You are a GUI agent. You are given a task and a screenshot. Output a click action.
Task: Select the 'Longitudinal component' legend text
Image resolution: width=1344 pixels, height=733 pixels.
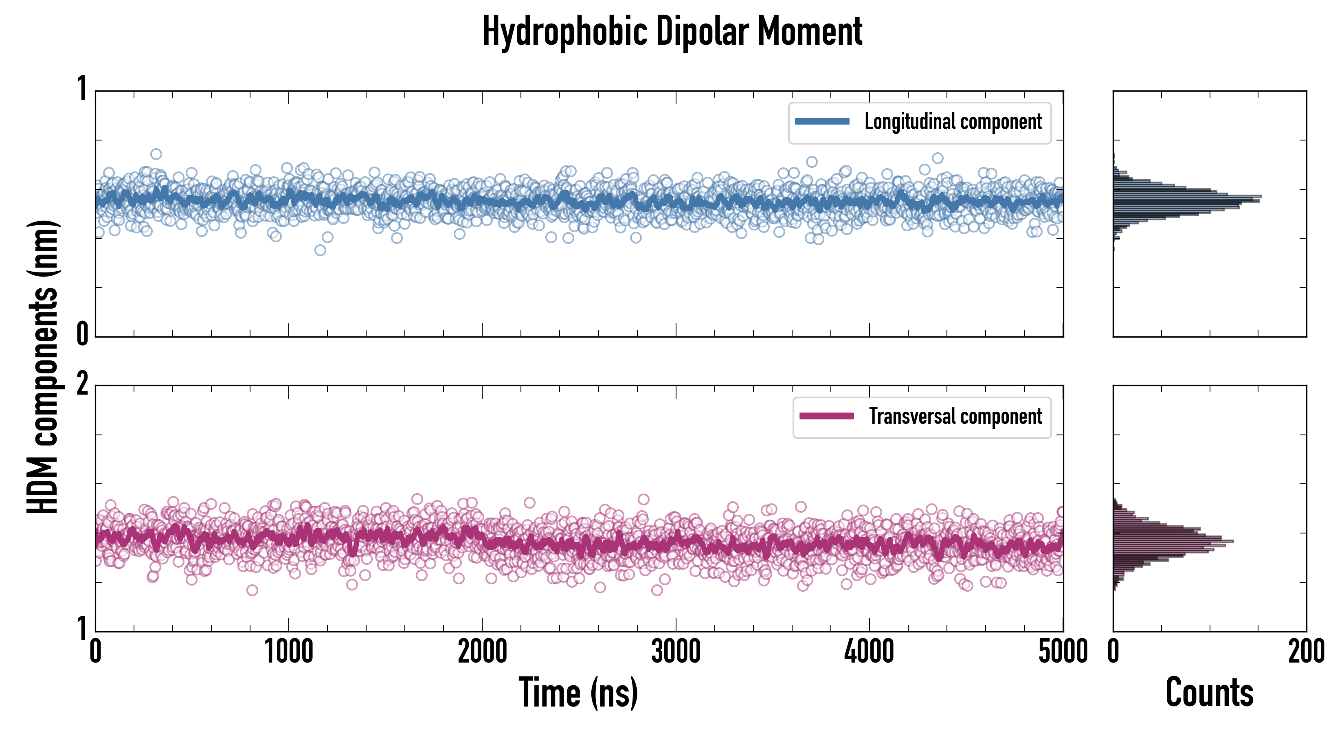tap(953, 122)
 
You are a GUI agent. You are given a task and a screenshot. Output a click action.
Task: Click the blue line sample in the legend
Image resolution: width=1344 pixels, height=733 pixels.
tap(822, 122)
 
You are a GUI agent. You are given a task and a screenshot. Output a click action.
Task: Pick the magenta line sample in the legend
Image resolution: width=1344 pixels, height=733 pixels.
tap(826, 416)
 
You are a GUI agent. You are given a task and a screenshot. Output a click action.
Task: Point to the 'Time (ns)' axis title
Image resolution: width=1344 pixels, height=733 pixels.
tap(578, 693)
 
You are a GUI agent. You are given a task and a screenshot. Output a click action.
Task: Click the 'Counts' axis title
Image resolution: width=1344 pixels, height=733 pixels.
tap(1209, 693)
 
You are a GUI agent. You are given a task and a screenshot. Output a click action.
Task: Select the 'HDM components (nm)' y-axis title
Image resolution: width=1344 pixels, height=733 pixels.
tap(43, 367)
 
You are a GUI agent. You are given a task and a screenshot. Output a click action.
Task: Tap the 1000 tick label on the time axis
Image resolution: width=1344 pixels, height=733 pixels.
tap(288, 652)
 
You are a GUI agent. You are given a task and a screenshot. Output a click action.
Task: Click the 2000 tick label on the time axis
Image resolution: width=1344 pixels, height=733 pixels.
tap(482, 652)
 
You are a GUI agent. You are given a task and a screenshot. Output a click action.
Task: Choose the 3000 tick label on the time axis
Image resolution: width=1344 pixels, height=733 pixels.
tap(676, 652)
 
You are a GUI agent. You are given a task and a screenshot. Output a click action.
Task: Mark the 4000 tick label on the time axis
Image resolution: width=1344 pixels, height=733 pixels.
tap(869, 652)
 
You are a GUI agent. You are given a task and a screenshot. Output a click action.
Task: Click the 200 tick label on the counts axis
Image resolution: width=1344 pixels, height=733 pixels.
tap(1306, 652)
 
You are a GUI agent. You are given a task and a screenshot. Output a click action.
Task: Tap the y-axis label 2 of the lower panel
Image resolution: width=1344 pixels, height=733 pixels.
tap(82, 385)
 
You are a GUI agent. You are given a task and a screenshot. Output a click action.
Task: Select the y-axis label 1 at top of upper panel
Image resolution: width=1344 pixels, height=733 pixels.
tap(82, 89)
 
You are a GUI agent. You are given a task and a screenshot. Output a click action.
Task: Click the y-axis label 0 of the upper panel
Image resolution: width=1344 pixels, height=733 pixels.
tap(82, 334)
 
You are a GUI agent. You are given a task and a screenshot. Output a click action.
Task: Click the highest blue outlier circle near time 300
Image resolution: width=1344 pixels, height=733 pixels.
tap(156, 154)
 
